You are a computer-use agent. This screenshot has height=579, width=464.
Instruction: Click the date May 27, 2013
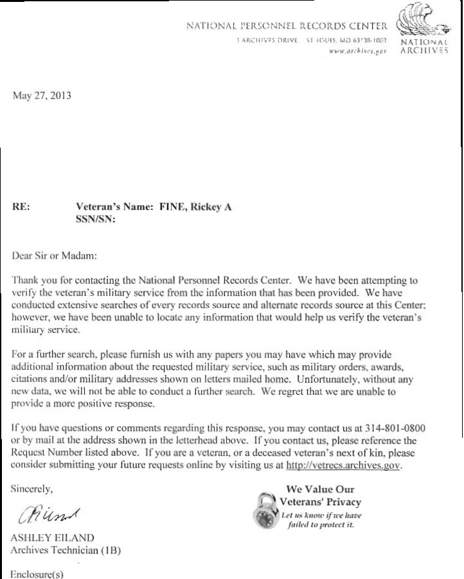coord(41,96)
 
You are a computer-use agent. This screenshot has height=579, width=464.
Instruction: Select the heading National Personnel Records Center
coord(287,27)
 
